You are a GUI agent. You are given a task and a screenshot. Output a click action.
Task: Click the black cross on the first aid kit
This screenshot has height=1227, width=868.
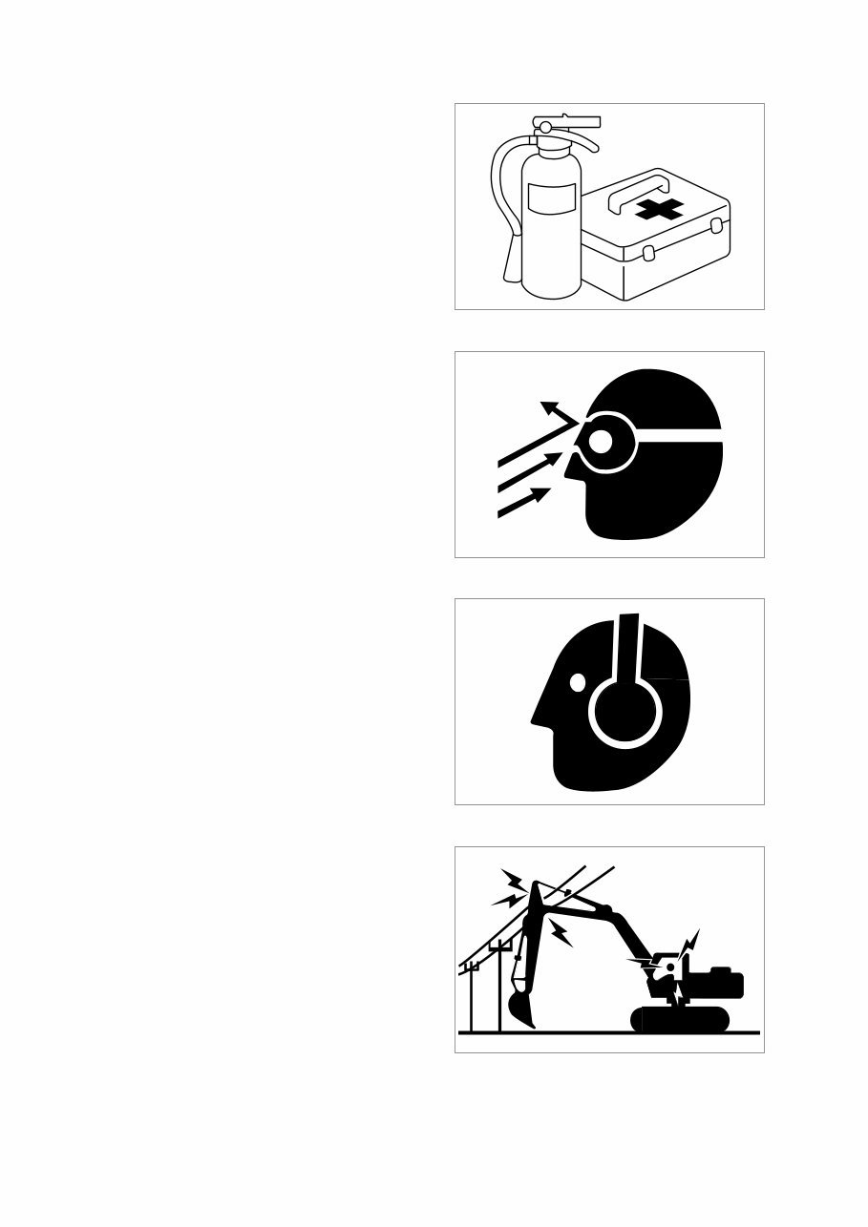click(659, 209)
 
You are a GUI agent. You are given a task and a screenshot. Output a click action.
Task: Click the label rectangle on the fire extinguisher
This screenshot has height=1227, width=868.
click(551, 199)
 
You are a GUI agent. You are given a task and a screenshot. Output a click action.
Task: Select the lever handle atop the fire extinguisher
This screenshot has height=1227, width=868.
click(573, 122)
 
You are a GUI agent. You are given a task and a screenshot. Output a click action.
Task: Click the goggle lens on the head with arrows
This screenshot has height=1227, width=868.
click(601, 441)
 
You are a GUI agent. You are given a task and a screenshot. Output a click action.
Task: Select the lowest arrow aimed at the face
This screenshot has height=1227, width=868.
click(523, 503)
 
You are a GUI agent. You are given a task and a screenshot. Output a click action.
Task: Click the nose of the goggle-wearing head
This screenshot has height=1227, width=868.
click(570, 468)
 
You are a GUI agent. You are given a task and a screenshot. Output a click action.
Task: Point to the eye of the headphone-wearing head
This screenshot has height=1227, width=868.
click(577, 683)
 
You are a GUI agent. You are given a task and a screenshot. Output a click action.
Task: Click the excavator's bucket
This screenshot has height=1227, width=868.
click(521, 1008)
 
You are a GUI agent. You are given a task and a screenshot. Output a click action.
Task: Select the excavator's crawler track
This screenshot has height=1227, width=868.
click(680, 1019)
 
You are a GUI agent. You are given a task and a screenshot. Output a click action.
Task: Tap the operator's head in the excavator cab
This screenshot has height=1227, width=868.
click(670, 967)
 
